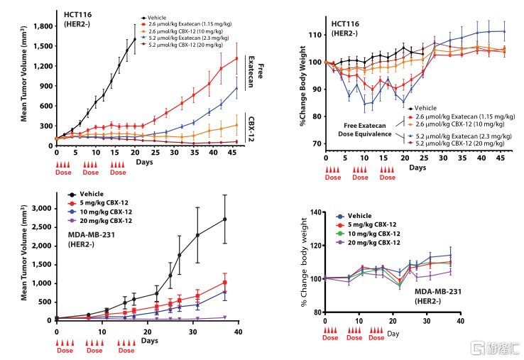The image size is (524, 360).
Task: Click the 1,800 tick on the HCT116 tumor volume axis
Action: point(40,26)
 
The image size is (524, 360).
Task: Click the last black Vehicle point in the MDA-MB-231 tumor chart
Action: point(225,219)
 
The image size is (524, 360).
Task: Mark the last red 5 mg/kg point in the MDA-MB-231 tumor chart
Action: point(225,282)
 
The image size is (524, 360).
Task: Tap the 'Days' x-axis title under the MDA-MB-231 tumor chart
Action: point(149,341)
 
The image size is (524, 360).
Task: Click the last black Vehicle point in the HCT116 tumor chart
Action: point(134,39)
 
